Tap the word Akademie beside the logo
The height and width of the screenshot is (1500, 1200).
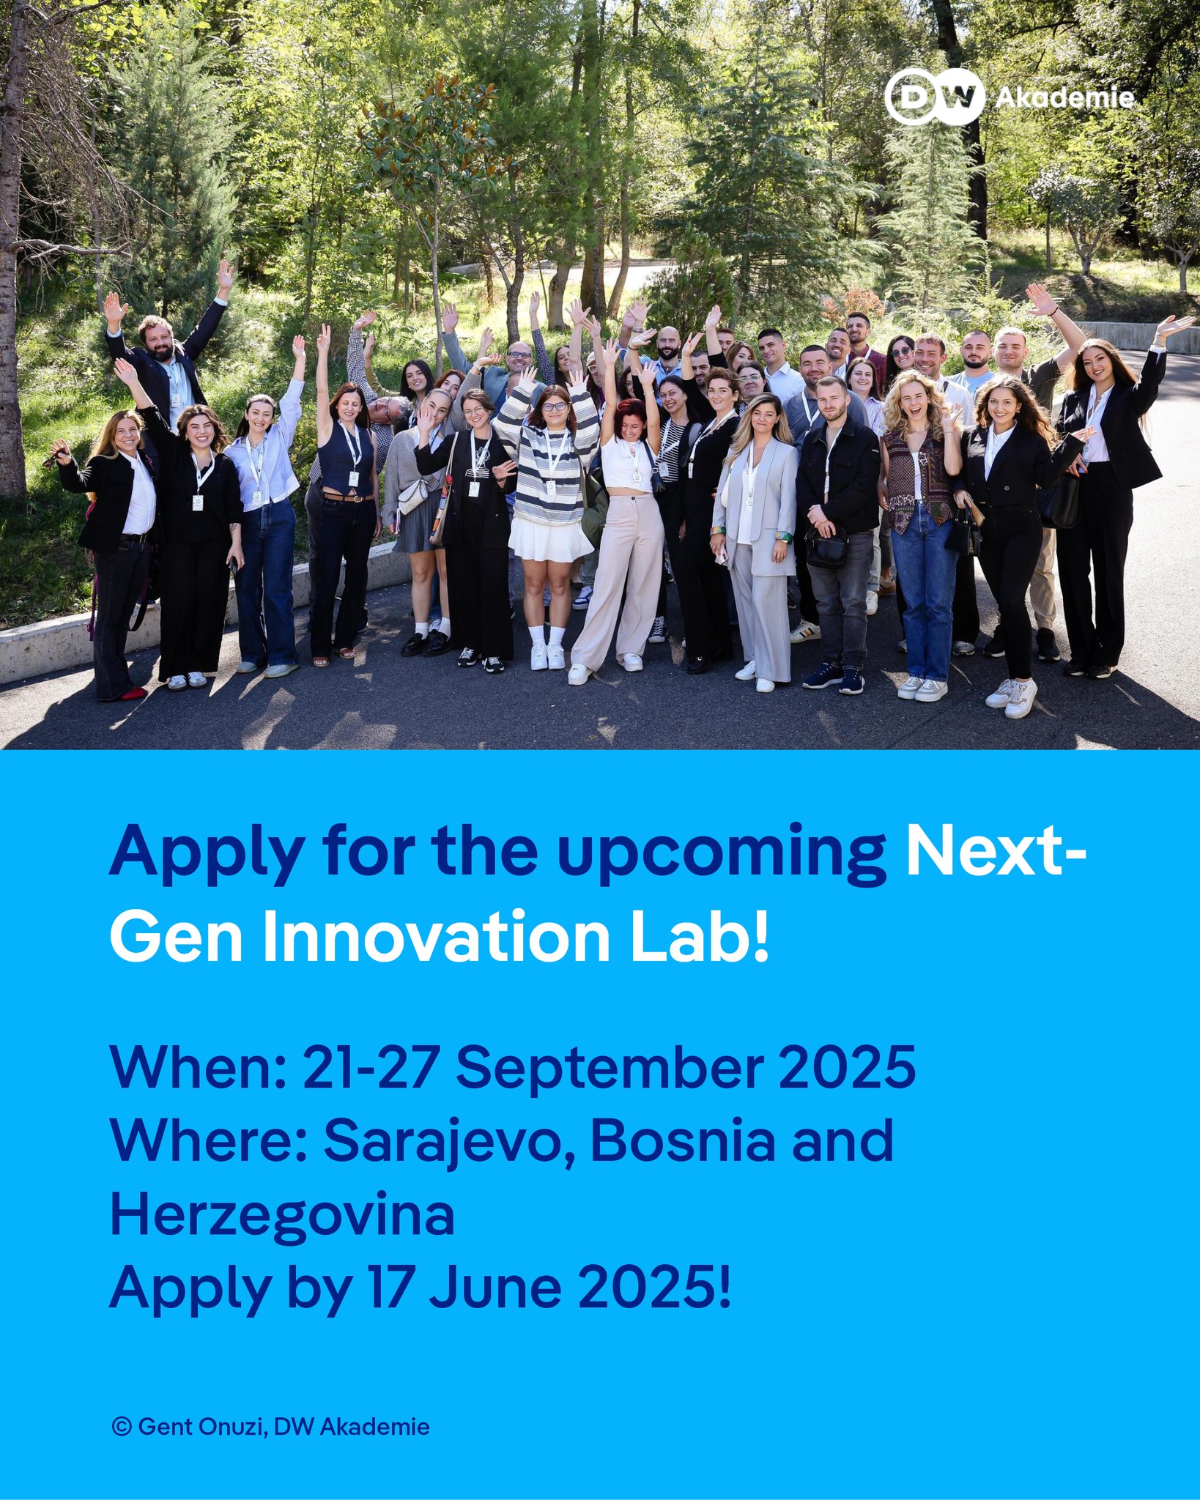click(1064, 97)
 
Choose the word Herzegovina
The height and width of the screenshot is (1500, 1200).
click(282, 1215)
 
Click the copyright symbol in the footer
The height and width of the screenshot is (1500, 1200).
click(122, 1426)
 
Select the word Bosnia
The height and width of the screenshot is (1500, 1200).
click(682, 1141)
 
